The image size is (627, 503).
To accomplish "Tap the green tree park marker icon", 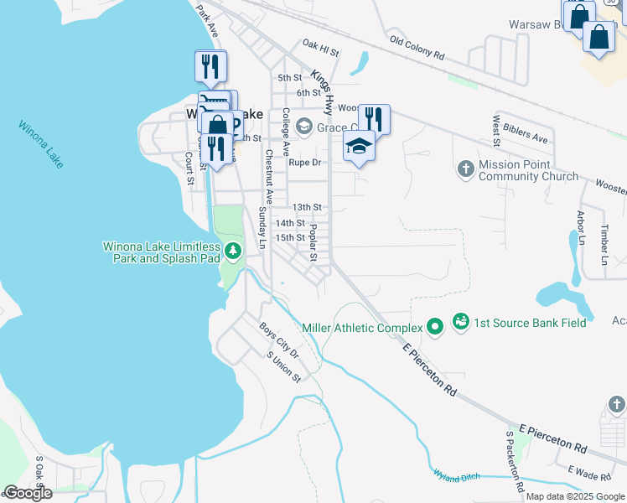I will point(232,251).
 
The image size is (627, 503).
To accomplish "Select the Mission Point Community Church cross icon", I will point(466,169).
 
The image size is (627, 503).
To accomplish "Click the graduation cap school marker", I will point(359,147).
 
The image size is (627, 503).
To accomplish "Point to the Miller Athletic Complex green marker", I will point(435,327).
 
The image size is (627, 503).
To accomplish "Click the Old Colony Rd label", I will point(417,46).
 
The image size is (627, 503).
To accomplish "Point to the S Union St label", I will point(283,367).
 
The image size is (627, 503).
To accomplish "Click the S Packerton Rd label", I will point(514,461).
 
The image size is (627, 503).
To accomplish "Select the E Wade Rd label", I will point(589,474).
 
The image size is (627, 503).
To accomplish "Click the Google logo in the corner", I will point(27,493).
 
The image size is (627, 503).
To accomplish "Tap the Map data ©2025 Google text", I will point(575,496).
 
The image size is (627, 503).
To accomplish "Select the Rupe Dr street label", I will point(305,163).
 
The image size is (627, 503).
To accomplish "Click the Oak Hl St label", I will point(320,48).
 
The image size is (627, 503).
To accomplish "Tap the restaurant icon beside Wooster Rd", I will point(374,119).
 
